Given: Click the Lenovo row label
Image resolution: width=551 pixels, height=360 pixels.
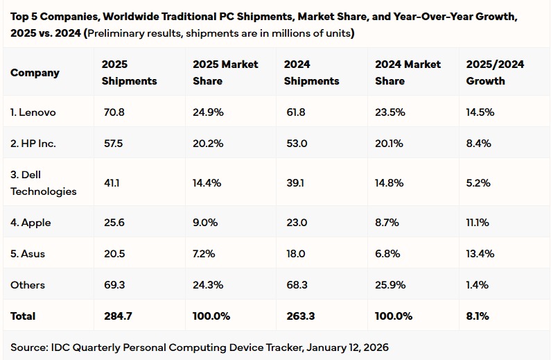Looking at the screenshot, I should click(33, 112).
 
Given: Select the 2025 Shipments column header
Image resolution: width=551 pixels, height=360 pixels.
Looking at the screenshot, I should click(129, 73).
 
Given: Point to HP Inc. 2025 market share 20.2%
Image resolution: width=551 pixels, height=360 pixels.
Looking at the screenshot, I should click(207, 144).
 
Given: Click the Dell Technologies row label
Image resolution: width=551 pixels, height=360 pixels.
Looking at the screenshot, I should click(44, 183).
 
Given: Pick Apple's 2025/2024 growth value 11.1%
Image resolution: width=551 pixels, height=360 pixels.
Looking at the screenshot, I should click(478, 223).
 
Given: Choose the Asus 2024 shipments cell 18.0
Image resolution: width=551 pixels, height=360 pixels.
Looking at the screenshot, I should click(296, 254).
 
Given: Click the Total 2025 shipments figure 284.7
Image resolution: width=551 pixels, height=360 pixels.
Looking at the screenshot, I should click(117, 316).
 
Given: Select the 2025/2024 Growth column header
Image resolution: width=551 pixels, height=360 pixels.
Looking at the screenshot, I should click(495, 73).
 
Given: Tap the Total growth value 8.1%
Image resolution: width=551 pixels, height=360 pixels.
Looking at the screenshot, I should click(478, 316).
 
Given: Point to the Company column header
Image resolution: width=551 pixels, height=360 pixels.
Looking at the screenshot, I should click(35, 73).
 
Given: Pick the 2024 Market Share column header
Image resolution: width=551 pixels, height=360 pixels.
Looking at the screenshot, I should click(408, 73).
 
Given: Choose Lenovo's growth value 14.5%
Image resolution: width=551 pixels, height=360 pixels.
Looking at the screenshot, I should click(480, 112).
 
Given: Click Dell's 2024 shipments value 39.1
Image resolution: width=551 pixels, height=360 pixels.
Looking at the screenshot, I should click(295, 183).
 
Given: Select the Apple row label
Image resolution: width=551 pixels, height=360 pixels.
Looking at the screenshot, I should click(30, 223).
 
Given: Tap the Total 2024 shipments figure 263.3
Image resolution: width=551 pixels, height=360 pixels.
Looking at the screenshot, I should click(299, 316).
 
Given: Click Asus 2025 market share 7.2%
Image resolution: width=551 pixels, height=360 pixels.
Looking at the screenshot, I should click(205, 254).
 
